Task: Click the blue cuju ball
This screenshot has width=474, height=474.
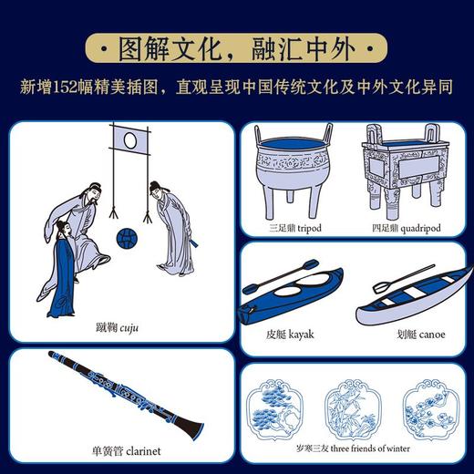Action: [127, 238]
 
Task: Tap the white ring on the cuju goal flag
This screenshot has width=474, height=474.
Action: [130, 140]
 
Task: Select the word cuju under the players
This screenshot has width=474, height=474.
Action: [129, 328]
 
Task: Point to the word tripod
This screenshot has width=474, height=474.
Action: [309, 228]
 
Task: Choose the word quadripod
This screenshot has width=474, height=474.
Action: [420, 228]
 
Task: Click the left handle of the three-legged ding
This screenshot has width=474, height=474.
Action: [258, 134]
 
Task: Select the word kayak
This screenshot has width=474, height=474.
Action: [301, 335]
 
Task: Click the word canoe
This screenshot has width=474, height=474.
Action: [432, 335]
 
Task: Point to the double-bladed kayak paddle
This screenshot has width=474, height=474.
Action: [280, 277]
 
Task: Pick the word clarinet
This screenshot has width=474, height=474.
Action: [143, 451]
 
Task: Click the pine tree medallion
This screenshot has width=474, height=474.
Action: [274, 409]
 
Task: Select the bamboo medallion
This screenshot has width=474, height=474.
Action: [353, 409]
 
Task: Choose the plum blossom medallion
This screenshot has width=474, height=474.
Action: [431, 409]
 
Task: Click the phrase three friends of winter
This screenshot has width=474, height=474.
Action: [370, 448]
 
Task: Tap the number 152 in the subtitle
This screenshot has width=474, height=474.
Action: [65, 88]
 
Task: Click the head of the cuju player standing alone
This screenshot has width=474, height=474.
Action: [156, 189]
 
